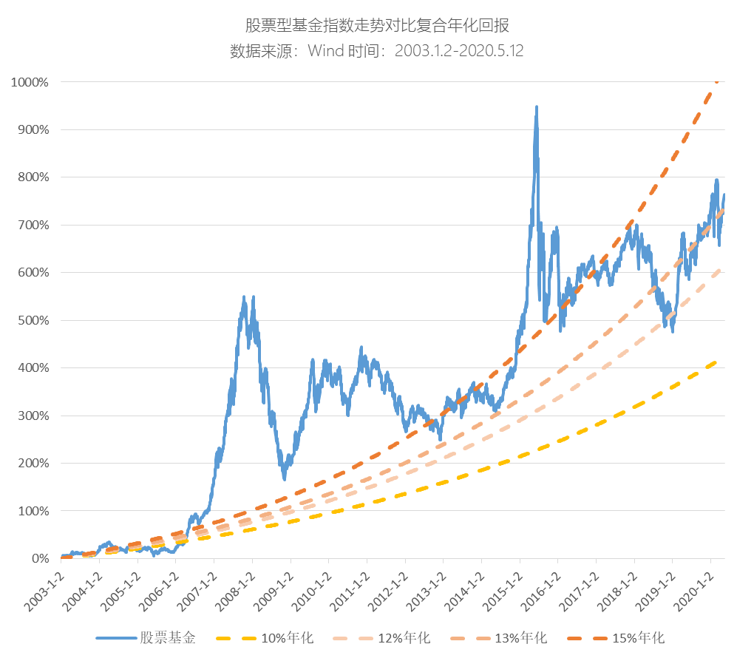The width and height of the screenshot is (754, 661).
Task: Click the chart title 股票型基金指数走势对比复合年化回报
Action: [x=377, y=26]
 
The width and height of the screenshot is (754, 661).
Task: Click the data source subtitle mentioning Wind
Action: [x=377, y=51]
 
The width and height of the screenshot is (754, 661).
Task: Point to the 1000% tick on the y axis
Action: [x=30, y=82]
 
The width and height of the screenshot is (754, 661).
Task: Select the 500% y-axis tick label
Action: [x=33, y=320]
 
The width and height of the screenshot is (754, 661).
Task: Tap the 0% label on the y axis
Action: [x=39, y=559]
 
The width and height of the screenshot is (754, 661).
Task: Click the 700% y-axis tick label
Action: [x=33, y=225]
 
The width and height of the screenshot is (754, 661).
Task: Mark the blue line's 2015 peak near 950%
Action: [x=536, y=107]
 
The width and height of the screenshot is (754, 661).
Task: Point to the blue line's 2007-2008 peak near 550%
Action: [x=245, y=297]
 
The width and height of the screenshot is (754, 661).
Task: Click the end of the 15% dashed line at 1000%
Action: [x=717, y=82]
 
